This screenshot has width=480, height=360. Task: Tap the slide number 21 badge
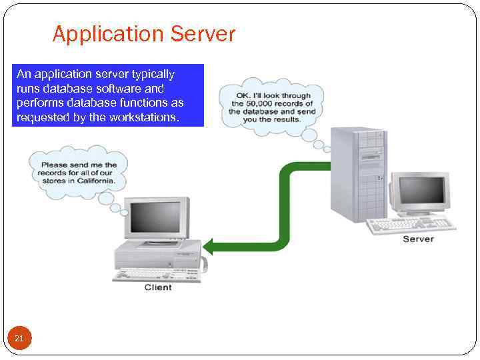(19, 339)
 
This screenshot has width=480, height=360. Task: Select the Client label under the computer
(158, 287)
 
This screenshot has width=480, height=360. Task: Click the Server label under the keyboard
(418, 239)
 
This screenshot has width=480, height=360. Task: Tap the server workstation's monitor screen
(421, 190)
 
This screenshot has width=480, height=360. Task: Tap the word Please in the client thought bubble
(55, 165)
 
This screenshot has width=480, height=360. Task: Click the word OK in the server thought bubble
(242, 95)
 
